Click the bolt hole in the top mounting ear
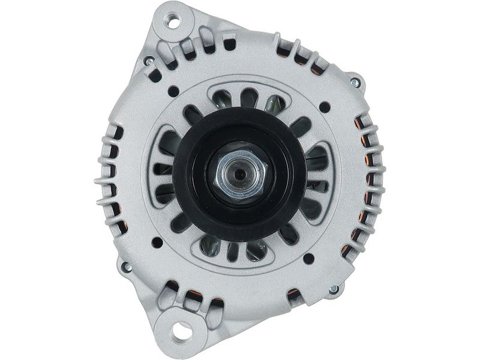click(x=175, y=24)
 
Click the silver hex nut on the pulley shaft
click(x=239, y=175)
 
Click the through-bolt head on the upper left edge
click(x=148, y=61)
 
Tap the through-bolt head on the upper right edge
click(x=355, y=82)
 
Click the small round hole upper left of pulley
click(x=173, y=92)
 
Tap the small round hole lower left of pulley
click(x=157, y=242)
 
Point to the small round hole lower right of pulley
click(x=308, y=259)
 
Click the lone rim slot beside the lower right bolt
click(x=294, y=295)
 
